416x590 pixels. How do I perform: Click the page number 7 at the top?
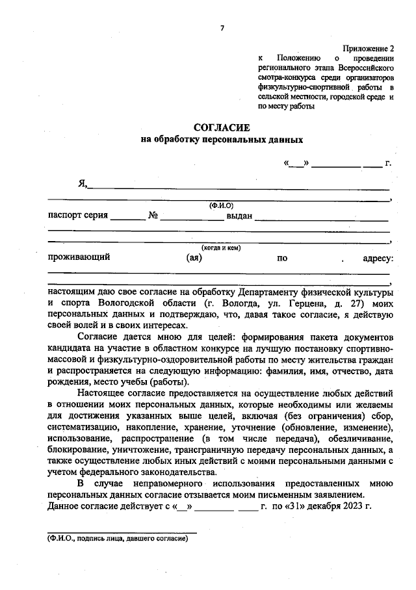coord(222,27)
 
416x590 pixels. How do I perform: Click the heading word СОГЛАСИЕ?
coord(222,127)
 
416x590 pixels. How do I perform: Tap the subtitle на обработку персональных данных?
coord(222,140)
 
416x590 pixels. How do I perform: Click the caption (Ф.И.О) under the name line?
coord(221,205)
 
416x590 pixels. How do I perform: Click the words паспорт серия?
coord(78,216)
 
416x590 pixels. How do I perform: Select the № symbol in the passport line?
coord(153,216)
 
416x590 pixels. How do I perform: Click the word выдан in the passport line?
coord(239,216)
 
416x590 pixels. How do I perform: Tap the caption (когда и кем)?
coord(221,248)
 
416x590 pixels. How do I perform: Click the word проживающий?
coord(79,257)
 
